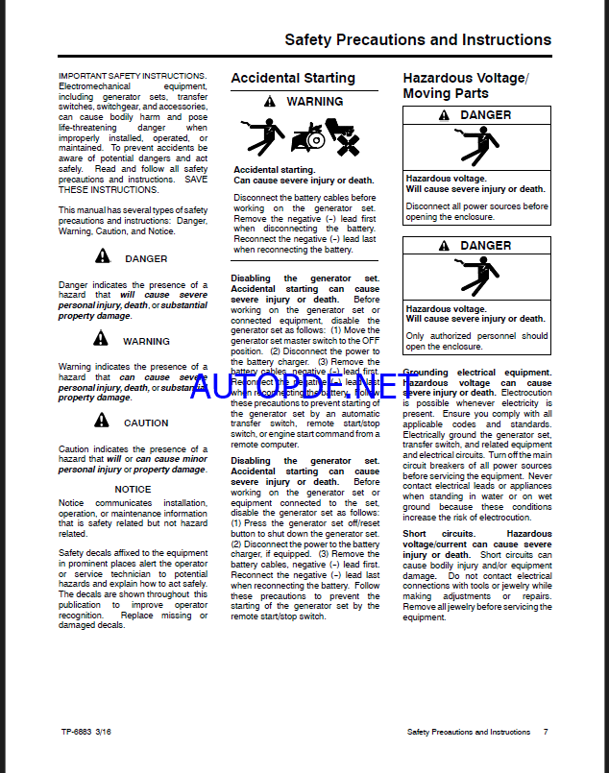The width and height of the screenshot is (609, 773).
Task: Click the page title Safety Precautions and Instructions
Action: pyautogui.click(x=418, y=40)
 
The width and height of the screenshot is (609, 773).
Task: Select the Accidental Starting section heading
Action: pyautogui.click(x=292, y=78)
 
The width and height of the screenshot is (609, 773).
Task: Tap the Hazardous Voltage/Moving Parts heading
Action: pyautogui.click(x=465, y=85)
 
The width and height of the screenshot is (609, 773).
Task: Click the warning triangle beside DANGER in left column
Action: pyautogui.click(x=103, y=256)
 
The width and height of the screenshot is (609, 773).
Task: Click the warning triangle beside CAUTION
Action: pyautogui.click(x=103, y=421)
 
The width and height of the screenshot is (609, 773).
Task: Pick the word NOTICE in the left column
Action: pyautogui.click(x=133, y=489)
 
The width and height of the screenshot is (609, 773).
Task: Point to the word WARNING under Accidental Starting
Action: pyautogui.click(x=314, y=102)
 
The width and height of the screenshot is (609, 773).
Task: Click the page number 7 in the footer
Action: pyautogui.click(x=546, y=732)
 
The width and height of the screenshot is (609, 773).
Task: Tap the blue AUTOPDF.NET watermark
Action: pyautogui.click(x=305, y=384)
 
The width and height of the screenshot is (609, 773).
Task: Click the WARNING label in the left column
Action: pyautogui.click(x=146, y=341)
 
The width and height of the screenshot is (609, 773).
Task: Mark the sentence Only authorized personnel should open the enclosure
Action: pyautogui.click(x=476, y=341)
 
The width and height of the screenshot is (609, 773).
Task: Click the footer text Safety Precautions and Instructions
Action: pyautogui.click(x=468, y=732)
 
